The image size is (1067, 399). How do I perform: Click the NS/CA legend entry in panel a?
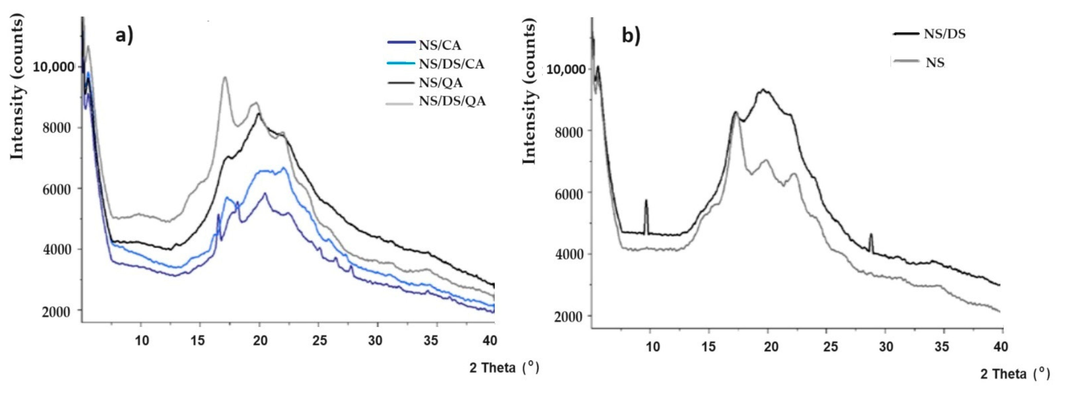439,45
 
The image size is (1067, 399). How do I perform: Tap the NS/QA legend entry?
440,83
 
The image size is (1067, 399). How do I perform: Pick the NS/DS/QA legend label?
452,101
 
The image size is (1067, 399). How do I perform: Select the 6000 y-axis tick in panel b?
568,194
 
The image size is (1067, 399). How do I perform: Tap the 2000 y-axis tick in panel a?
56,312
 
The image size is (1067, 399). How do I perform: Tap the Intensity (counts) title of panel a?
17,86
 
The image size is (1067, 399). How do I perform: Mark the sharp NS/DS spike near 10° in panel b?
646,202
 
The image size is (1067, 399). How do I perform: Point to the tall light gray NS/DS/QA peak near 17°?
225,78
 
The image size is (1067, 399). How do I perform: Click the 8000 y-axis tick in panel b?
568,132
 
